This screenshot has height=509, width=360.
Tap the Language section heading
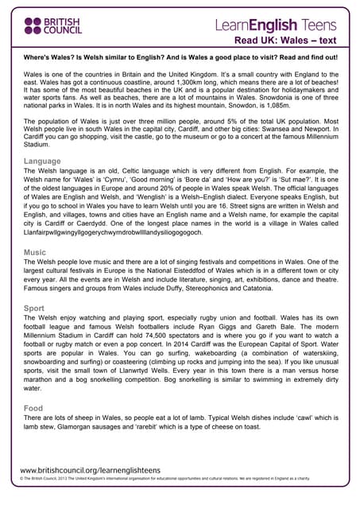pos(42,161)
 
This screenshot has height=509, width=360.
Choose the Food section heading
pos(34,408)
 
